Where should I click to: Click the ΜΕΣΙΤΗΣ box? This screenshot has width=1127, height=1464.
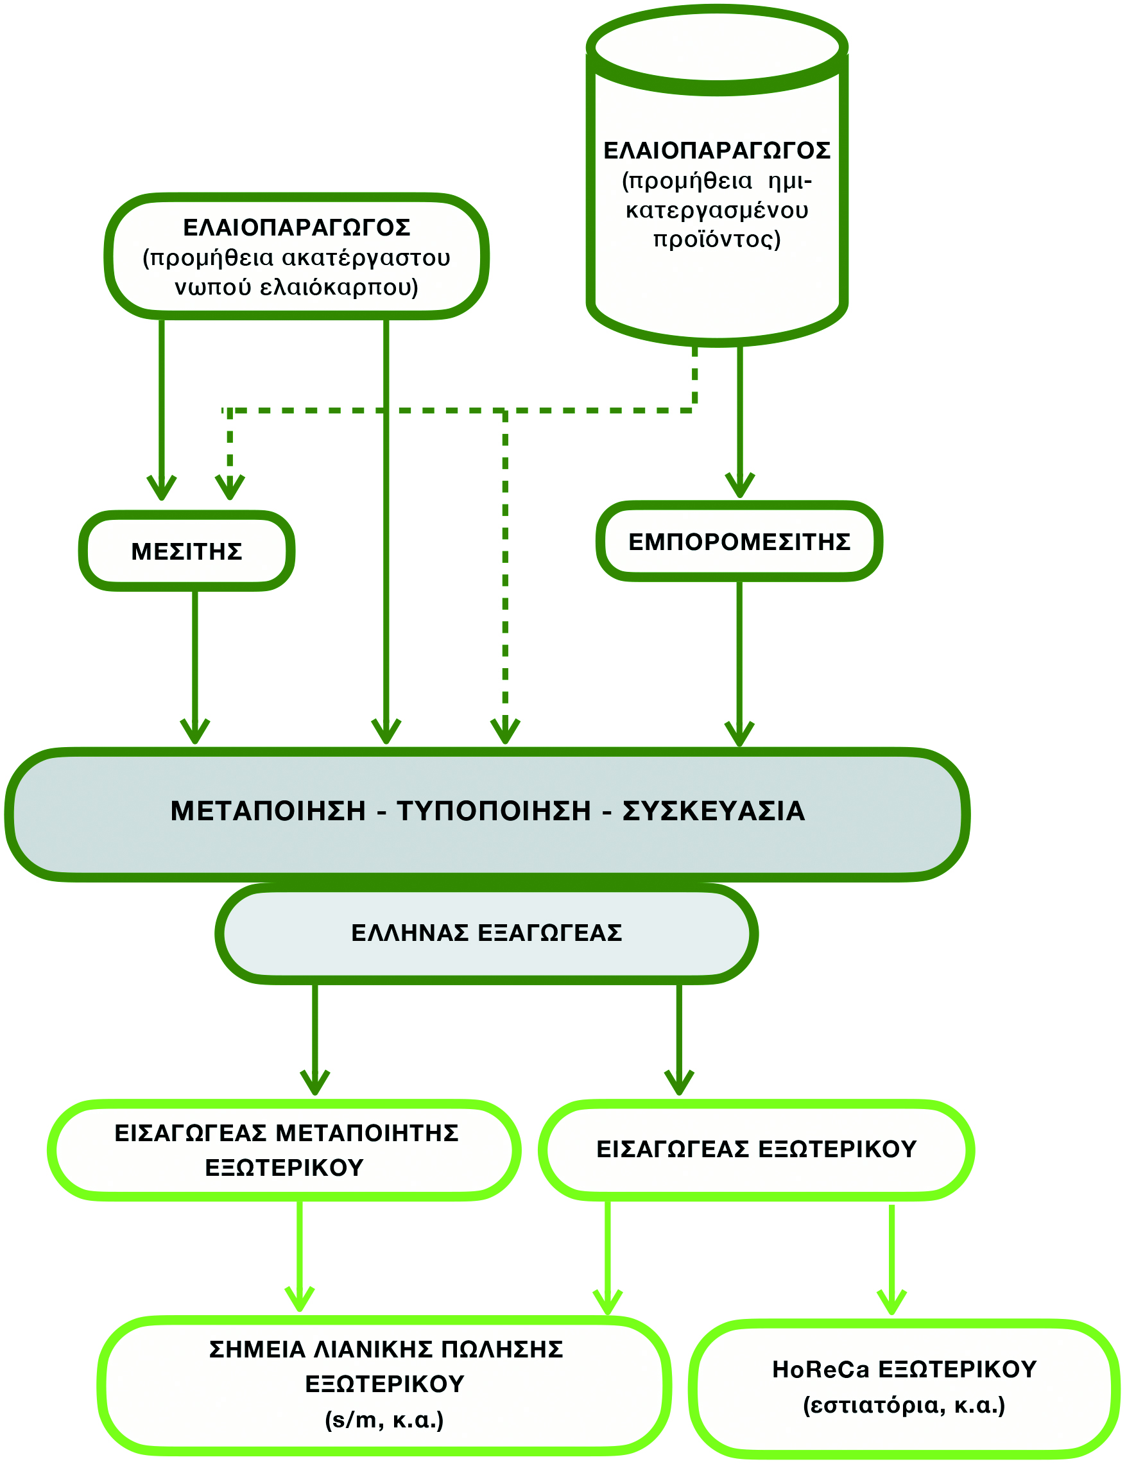(x=186, y=551)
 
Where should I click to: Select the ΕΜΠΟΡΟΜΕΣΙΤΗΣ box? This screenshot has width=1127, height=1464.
(x=739, y=541)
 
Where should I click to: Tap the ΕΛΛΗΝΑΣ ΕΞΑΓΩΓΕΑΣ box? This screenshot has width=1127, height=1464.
(x=486, y=933)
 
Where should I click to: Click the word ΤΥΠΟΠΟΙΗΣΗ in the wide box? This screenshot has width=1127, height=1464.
(x=494, y=811)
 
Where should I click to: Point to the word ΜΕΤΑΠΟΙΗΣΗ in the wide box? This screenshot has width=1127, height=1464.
(x=268, y=811)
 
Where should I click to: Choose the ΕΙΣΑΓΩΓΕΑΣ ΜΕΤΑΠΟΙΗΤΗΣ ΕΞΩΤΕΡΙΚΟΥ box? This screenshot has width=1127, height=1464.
(x=285, y=1150)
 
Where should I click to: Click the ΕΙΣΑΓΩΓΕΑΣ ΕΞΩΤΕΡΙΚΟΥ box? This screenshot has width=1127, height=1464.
(x=756, y=1149)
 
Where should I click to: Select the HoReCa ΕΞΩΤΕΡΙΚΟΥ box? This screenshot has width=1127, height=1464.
(x=904, y=1388)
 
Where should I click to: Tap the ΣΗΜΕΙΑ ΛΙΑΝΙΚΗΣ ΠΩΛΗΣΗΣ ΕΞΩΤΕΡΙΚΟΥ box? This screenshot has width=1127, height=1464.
(x=385, y=1384)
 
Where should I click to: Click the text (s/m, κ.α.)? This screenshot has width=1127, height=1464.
(x=384, y=1419)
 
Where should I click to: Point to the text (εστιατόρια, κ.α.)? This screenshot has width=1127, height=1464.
(x=904, y=1405)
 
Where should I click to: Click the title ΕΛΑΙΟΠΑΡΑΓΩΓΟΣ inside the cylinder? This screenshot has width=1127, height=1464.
(x=717, y=151)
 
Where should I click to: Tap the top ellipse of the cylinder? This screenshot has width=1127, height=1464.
(x=717, y=48)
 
